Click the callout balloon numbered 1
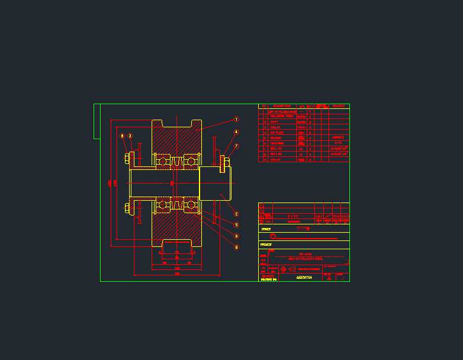pyautogui.click(x=236, y=119)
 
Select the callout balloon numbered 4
pyautogui.click(x=236, y=132)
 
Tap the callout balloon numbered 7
pyautogui.click(x=236, y=146)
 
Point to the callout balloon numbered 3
pyautogui.click(x=130, y=136)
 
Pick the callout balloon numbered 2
pyautogui.click(x=236, y=214)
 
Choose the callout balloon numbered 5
pyautogui.click(x=236, y=225)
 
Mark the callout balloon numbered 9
pyautogui.click(x=236, y=247)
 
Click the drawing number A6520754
pyautogui.click(x=304, y=277)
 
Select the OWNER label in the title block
pyautogui.click(x=266, y=229)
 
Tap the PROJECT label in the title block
pyautogui.click(x=266, y=245)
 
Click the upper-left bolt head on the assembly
pyautogui.click(x=127, y=158)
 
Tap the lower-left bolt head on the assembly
pyautogui.click(x=127, y=207)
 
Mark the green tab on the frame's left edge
pyautogui.click(x=97, y=121)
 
